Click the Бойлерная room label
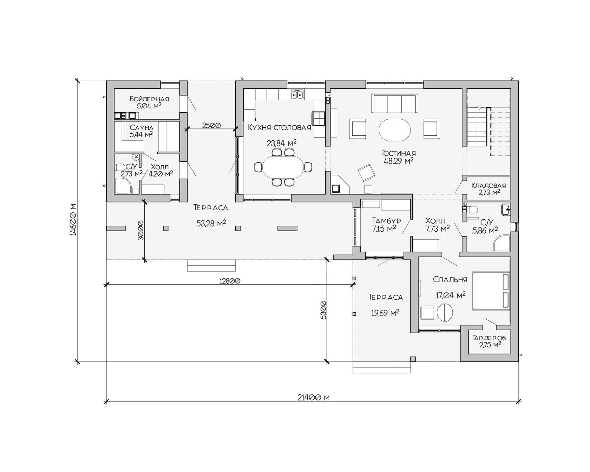point(149,99)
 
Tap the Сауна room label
point(142,128)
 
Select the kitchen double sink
point(297,94)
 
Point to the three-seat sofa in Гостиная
point(395,104)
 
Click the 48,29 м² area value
point(399,161)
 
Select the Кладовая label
point(489,185)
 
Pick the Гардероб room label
point(489,338)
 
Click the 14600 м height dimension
point(73,219)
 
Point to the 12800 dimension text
point(230,281)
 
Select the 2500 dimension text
point(211,125)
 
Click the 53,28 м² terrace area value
point(211,223)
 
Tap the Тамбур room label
point(386,221)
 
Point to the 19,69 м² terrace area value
point(385,313)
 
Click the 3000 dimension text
point(141,230)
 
